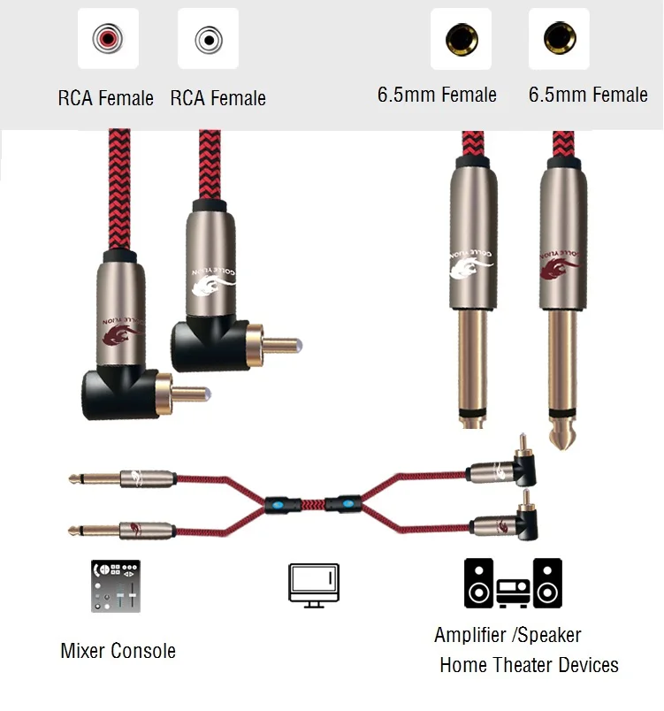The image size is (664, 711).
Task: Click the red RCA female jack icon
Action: click(x=109, y=39)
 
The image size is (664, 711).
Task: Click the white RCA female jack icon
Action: click(x=209, y=39)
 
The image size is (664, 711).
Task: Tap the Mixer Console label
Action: click(x=118, y=652)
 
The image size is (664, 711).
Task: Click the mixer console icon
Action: click(x=115, y=585)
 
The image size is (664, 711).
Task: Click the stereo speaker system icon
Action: click(x=513, y=584)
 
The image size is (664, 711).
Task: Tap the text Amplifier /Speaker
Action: click(x=508, y=635)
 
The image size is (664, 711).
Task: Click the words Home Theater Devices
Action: click(x=529, y=665)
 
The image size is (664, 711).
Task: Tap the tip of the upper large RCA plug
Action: click(x=300, y=341)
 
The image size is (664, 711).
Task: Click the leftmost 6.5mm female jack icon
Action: click(x=461, y=39)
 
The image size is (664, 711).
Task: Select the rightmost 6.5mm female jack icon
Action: click(x=559, y=39)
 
